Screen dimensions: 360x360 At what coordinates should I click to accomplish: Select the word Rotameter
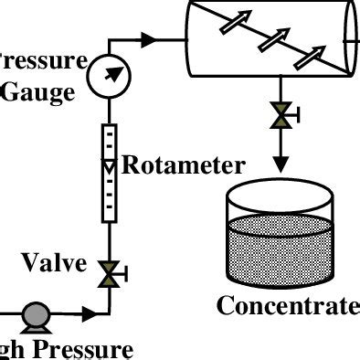coord(184,166)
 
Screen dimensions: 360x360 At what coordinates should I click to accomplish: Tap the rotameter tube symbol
coord(108,173)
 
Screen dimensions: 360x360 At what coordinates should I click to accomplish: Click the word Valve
coord(55,265)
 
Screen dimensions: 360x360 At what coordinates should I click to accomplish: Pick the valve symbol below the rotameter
coord(109,271)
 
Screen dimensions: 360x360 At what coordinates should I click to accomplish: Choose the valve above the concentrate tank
coord(281,116)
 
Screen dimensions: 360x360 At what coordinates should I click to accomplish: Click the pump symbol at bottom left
coord(37,316)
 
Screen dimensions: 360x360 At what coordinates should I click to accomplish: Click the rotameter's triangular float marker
coord(108,167)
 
